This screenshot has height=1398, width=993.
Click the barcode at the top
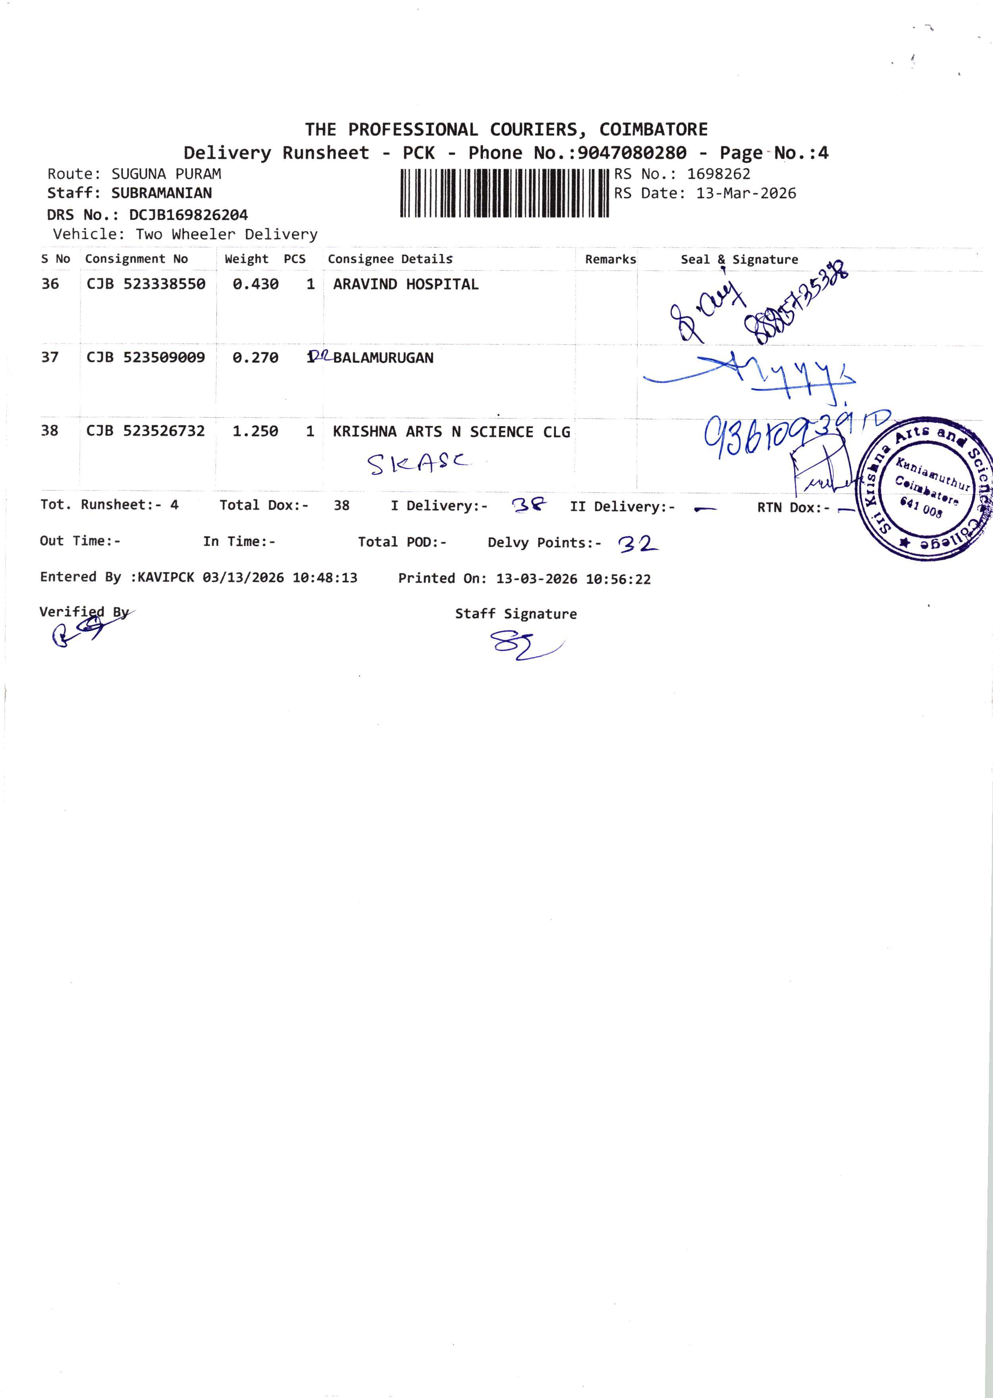505,194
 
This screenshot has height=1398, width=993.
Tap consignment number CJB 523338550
146,284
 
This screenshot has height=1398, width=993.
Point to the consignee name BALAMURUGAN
384,358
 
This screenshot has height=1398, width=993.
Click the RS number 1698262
719,174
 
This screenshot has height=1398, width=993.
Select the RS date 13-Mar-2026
746,194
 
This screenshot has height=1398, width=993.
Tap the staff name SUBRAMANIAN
162,193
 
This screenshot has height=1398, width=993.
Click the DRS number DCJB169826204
188,215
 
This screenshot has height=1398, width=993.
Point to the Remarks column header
610,259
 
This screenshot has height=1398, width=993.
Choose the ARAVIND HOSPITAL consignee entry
405,284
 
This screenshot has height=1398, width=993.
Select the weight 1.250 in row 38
255,431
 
